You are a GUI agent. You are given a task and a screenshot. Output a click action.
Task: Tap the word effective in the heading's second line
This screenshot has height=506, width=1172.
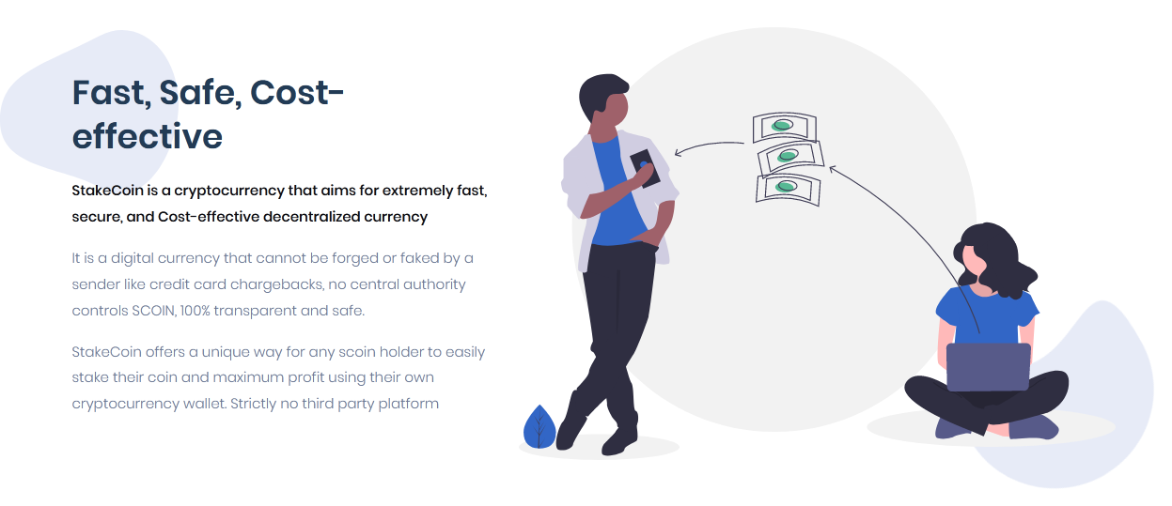(147, 136)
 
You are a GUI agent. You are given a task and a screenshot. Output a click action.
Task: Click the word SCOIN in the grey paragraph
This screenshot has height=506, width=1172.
(154, 311)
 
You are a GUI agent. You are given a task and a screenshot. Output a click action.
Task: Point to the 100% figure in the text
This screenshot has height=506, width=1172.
(195, 311)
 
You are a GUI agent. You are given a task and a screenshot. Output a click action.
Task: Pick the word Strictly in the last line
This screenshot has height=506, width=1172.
(253, 404)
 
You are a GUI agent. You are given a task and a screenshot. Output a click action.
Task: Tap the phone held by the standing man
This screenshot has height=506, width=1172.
(645, 168)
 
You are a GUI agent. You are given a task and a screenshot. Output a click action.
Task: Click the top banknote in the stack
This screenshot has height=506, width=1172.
(784, 127)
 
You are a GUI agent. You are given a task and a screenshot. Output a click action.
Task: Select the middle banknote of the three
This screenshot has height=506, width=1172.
(790, 158)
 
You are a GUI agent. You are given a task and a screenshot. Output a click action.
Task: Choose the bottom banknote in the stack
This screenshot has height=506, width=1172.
(788, 190)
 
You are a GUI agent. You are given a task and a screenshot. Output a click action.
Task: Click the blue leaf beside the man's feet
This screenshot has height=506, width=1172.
(539, 427)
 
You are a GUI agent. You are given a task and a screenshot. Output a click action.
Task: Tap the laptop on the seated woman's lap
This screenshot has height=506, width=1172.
(989, 367)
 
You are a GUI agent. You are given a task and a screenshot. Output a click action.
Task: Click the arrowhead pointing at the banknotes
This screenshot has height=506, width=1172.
(833, 169)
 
